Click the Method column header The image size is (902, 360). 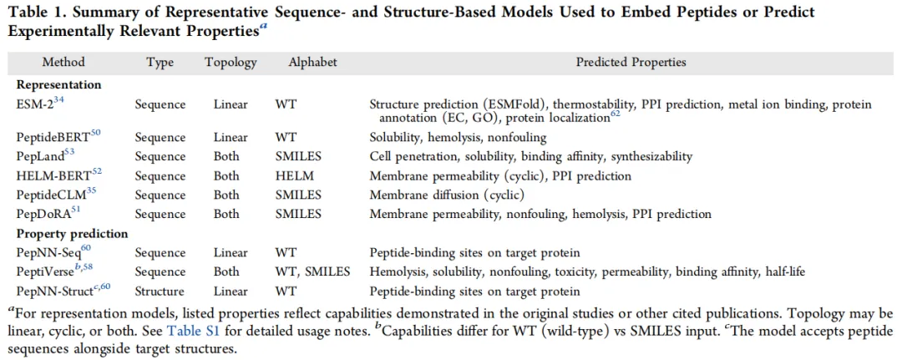[63, 62]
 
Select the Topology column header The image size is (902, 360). [231, 62]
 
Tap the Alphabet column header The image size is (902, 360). [313, 62]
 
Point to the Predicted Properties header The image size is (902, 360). [631, 62]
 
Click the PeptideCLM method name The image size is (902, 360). [52, 195]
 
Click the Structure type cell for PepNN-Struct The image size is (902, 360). [160, 292]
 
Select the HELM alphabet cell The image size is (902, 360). [292, 176]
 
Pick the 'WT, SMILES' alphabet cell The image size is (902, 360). [313, 272]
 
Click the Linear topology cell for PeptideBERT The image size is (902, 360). [231, 138]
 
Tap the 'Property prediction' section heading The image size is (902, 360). [72, 234]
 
